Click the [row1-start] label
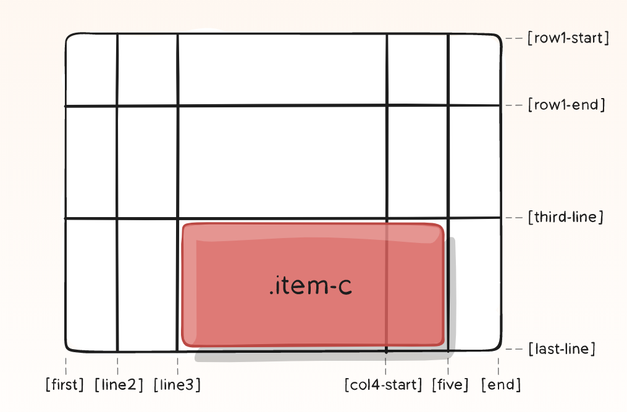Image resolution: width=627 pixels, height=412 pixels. click(x=568, y=38)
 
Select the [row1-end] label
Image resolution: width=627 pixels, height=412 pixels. click(x=566, y=105)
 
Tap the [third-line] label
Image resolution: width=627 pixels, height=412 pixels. click(x=565, y=217)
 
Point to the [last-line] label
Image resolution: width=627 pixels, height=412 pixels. click(x=562, y=349)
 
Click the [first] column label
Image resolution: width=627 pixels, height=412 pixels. click(x=65, y=385)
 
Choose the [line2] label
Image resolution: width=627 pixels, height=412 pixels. click(x=119, y=385)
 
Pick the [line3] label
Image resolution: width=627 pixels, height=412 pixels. click(x=177, y=385)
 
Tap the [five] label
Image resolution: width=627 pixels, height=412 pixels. click(x=450, y=385)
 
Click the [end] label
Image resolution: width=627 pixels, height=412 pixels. click(x=501, y=385)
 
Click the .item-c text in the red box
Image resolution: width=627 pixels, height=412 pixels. click(x=311, y=286)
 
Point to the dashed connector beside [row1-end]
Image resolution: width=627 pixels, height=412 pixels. click(x=514, y=105)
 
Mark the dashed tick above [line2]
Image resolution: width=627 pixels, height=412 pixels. click(x=117, y=362)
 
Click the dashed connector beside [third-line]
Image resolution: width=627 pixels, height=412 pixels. click(x=514, y=218)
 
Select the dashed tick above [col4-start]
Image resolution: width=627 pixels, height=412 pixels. click(x=386, y=364)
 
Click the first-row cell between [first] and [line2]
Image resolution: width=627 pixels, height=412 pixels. click(x=91, y=70)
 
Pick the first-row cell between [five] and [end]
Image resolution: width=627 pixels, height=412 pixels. click(x=474, y=70)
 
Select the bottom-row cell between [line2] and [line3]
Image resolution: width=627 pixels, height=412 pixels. click(x=147, y=284)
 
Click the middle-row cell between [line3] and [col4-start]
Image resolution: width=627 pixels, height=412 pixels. click(x=282, y=162)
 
